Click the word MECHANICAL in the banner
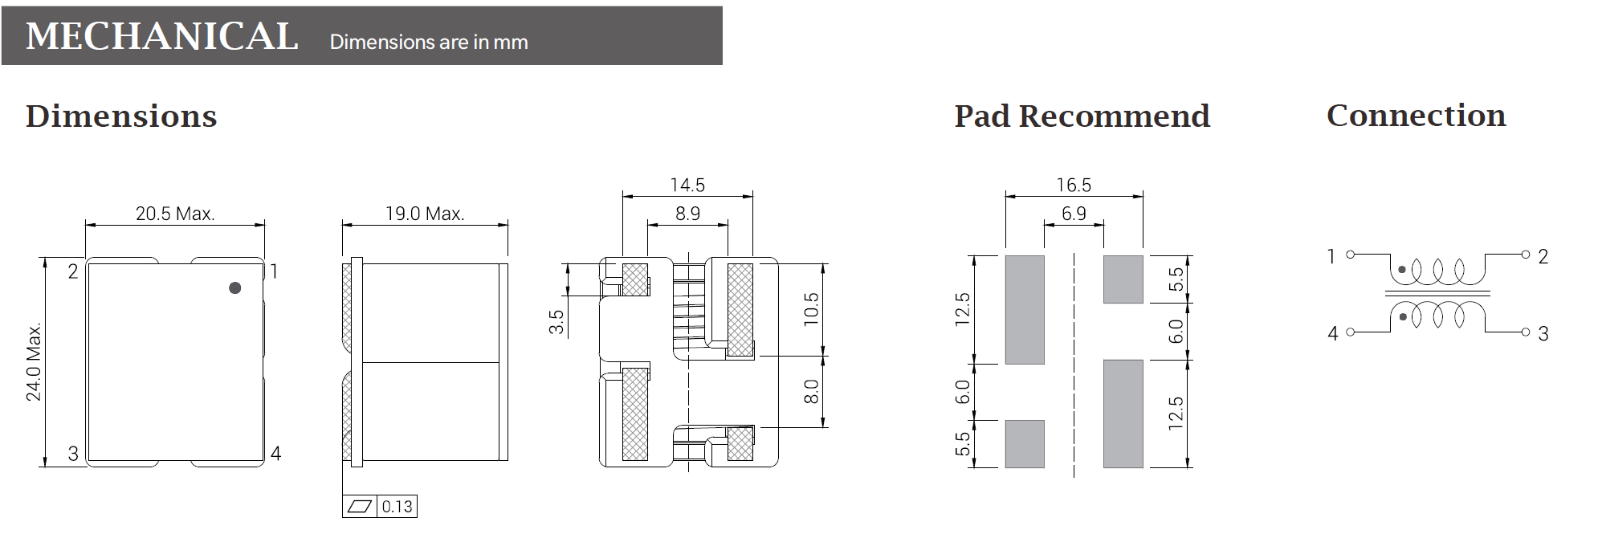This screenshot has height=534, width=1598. [162, 37]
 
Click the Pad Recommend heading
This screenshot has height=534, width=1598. [1082, 116]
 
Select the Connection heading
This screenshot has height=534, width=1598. [1416, 116]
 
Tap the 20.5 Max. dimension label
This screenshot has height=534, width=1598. [175, 214]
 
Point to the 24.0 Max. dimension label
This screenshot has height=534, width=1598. [34, 362]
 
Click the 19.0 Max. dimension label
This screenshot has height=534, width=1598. [425, 214]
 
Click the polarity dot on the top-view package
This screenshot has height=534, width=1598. [234, 287]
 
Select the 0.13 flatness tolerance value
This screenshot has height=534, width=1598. [397, 507]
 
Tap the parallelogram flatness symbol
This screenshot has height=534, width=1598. [361, 507]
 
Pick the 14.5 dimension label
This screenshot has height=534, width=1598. [687, 185]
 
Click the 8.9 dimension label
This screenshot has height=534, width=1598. [687, 214]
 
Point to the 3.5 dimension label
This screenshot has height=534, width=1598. [556, 322]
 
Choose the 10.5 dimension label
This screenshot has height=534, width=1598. [811, 309]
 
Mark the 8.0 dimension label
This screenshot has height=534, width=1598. [811, 391]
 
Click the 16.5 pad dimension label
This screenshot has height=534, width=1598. [1074, 185]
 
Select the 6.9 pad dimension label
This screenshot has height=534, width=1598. [1074, 214]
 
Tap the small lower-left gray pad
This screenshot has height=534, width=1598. [1025, 443]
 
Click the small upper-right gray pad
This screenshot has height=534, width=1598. [1123, 279]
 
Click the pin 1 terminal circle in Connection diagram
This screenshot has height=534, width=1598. [1350, 255]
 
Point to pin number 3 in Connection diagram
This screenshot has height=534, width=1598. [1543, 333]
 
